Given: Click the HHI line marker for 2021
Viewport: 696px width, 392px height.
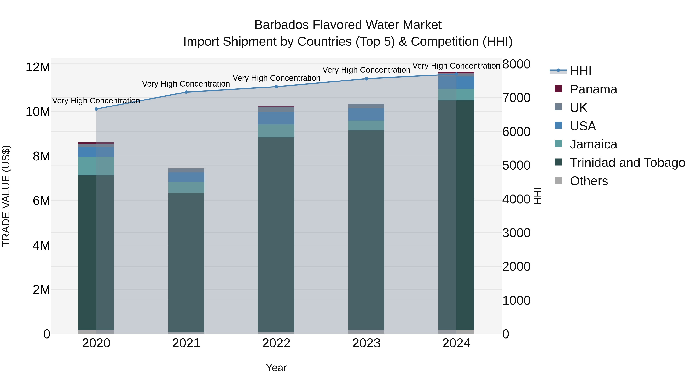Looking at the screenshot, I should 186,92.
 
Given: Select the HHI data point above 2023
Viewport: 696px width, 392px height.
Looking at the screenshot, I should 366,79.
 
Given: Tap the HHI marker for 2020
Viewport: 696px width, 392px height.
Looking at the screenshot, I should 96,109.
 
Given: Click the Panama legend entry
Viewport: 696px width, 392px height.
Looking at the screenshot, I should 593,89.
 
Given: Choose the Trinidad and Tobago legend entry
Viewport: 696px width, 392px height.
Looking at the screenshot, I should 627,163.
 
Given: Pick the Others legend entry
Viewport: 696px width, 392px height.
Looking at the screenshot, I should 589,181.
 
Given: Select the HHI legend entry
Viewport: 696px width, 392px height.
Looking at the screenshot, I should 580,71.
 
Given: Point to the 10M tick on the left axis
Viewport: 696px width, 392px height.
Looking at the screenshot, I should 38,112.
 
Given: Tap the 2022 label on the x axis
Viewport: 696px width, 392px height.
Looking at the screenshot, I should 276,343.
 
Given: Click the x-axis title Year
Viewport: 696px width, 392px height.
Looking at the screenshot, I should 276,368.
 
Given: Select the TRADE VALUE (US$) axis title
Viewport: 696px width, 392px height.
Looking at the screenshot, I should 6,196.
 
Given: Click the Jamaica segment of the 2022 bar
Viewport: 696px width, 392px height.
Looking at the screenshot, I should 276,131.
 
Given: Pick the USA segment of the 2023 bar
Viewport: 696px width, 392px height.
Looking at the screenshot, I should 366,114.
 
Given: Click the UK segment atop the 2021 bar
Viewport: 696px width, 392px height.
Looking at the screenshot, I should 186,170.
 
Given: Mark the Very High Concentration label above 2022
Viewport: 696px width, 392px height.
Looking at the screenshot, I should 276,78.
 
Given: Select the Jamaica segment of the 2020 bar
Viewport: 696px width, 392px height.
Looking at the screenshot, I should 96,166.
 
